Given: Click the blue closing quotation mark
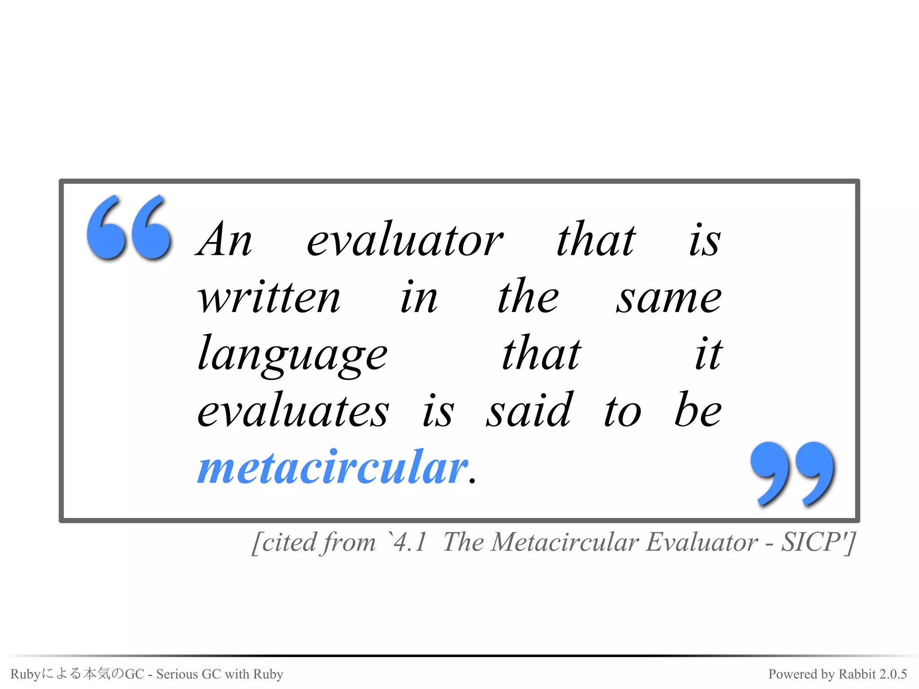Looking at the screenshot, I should [792, 474].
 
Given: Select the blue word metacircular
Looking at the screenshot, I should [333, 467].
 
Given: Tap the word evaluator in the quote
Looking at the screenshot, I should [405, 240].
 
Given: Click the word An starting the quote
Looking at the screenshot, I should [224, 240].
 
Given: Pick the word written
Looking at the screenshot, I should [269, 297].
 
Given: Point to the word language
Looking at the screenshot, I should [293, 354].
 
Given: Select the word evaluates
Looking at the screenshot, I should [293, 411].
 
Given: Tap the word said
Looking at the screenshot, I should [530, 410].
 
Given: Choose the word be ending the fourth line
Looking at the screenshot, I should [698, 410].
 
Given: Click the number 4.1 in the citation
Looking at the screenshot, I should [410, 542].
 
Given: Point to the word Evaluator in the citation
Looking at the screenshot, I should [702, 542].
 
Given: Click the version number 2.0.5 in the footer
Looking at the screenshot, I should [893, 674].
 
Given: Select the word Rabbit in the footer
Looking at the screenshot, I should [857, 674].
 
